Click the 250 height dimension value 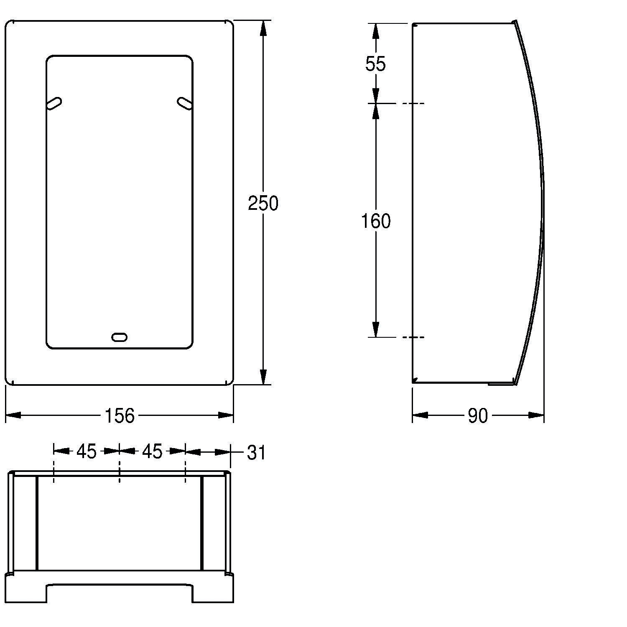pos(263,203)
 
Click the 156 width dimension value pos(120,415)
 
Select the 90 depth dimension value pos(478,415)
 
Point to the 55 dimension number pos(375,64)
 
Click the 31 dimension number pos(256,453)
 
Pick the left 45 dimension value pos(86,451)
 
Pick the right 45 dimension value pos(152,451)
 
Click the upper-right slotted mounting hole pos(184,103)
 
